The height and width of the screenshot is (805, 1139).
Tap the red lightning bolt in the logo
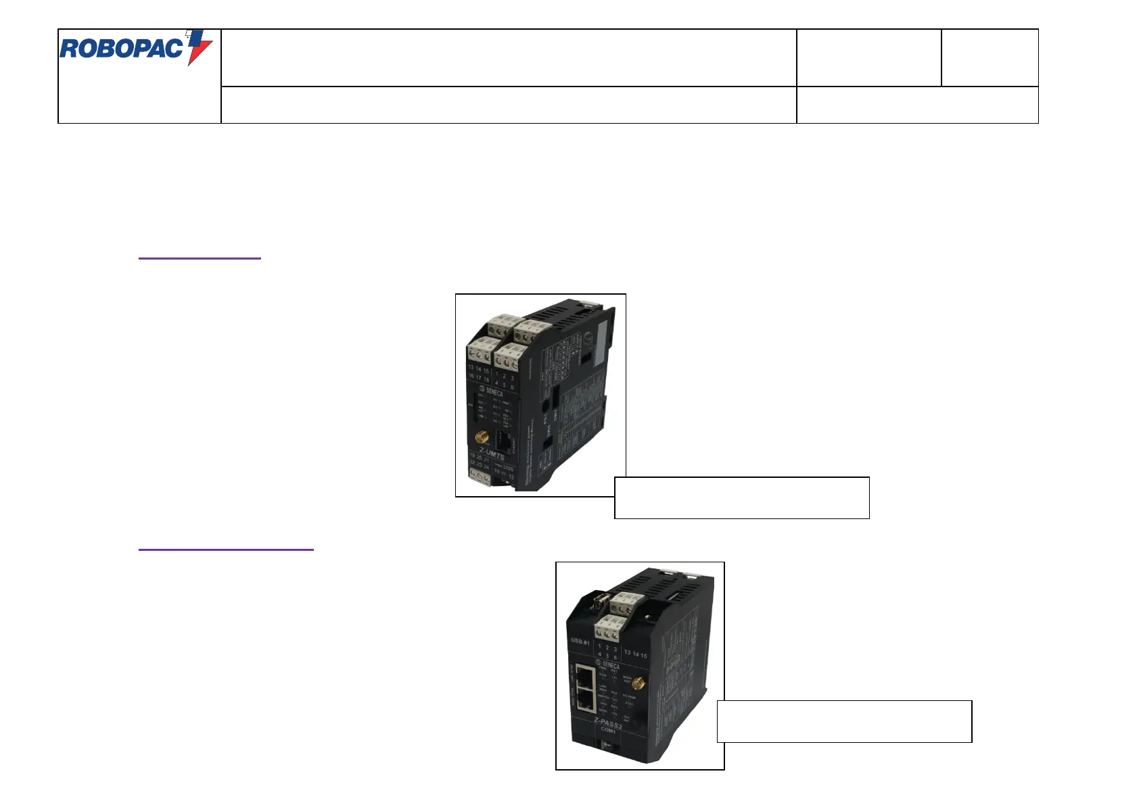(199, 47)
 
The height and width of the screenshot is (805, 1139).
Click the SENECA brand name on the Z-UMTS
(494, 391)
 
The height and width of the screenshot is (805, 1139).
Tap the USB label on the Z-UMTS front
(508, 468)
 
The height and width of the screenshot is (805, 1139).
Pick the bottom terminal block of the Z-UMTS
(480, 477)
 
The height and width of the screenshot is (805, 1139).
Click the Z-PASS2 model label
(608, 721)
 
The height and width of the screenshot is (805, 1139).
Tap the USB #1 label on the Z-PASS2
(580, 641)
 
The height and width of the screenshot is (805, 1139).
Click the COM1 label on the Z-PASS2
(608, 730)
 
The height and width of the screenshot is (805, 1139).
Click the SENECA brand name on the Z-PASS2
(610, 665)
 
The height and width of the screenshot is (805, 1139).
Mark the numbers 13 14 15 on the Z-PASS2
(635, 654)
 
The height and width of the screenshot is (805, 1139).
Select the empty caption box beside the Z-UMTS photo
(741, 497)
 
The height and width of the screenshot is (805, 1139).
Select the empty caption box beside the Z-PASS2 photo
(844, 721)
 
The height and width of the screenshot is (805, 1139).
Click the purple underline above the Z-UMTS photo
(200, 258)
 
